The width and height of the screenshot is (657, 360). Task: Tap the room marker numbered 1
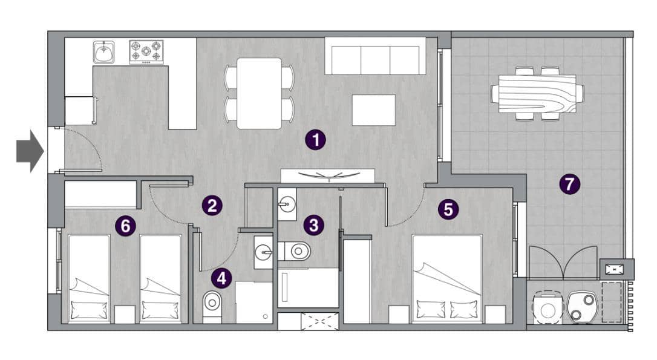[315, 140]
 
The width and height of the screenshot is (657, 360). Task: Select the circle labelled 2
[212, 206]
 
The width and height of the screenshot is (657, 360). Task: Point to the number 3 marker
[313, 226]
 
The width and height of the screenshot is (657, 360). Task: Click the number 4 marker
[221, 278]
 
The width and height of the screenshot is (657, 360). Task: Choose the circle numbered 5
[448, 209]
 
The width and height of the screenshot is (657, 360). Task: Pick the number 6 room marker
[125, 226]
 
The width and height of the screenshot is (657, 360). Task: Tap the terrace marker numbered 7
[569, 183]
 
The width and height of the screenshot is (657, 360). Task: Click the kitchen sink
[104, 52]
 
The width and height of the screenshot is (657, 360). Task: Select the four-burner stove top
[146, 52]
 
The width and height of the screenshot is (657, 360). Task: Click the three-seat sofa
[375, 57]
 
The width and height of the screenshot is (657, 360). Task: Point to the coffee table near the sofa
[373, 110]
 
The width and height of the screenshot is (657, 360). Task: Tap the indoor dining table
[259, 93]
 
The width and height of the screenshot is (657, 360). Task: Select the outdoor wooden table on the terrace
[537, 94]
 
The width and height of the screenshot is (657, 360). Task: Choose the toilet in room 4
[211, 302]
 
